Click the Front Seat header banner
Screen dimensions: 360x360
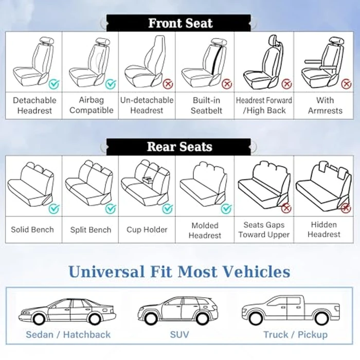(x=180, y=23)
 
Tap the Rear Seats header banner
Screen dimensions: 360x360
(x=180, y=147)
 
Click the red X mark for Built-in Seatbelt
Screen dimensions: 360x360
(x=227, y=84)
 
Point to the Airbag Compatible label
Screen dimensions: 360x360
(x=91, y=105)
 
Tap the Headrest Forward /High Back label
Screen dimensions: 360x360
(x=264, y=105)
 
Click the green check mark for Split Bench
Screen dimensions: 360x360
(x=111, y=208)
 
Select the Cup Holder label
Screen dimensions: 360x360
(x=147, y=229)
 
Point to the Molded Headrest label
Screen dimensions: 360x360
(x=205, y=230)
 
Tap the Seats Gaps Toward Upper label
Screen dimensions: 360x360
(x=264, y=230)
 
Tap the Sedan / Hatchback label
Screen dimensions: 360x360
(x=68, y=334)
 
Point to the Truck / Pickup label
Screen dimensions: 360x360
(x=295, y=334)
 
